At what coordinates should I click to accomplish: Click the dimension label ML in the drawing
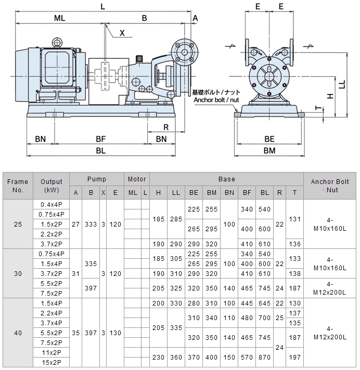tap(60, 18)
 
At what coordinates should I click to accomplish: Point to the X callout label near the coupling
tap(122, 33)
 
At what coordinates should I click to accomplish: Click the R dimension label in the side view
tap(165, 127)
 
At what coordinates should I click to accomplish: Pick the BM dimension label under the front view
tap(269, 151)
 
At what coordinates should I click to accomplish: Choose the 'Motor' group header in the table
tap(136, 179)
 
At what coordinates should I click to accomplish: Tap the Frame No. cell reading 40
tap(18, 333)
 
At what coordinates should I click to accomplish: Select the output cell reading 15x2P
tap(51, 362)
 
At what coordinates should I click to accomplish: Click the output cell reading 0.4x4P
tap(51, 204)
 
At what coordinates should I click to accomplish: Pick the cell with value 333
tap(91, 224)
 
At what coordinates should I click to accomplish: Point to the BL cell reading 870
tap(264, 358)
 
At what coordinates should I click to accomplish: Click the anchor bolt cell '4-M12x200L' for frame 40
tap(330, 333)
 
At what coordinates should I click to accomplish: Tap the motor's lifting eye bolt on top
tap(56, 42)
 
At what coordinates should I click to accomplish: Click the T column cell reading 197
tap(294, 358)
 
